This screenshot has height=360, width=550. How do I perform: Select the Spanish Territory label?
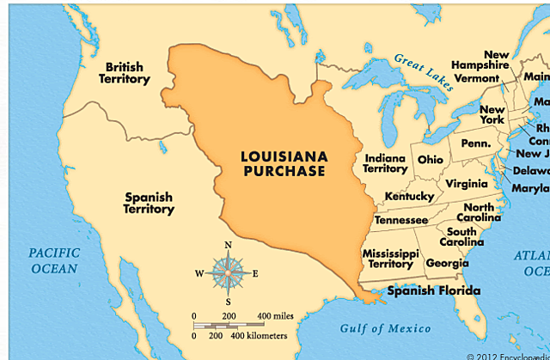point(149,203)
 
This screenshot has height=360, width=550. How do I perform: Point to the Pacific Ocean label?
point(52,260)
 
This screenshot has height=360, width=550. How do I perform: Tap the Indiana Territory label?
point(386,163)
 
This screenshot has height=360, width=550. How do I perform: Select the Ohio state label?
point(431,160)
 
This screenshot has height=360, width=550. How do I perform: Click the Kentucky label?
point(409,197)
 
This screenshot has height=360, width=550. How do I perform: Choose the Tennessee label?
point(400,220)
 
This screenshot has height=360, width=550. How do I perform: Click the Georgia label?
point(447,263)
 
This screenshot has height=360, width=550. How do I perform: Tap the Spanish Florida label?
point(434,290)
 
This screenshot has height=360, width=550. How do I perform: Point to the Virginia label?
point(467,183)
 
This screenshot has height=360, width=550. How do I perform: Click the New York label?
point(492,115)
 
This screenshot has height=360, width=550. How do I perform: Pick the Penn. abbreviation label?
point(474,143)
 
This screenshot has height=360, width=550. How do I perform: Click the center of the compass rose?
point(228,273)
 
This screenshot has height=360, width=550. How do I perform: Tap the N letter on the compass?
point(228,245)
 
